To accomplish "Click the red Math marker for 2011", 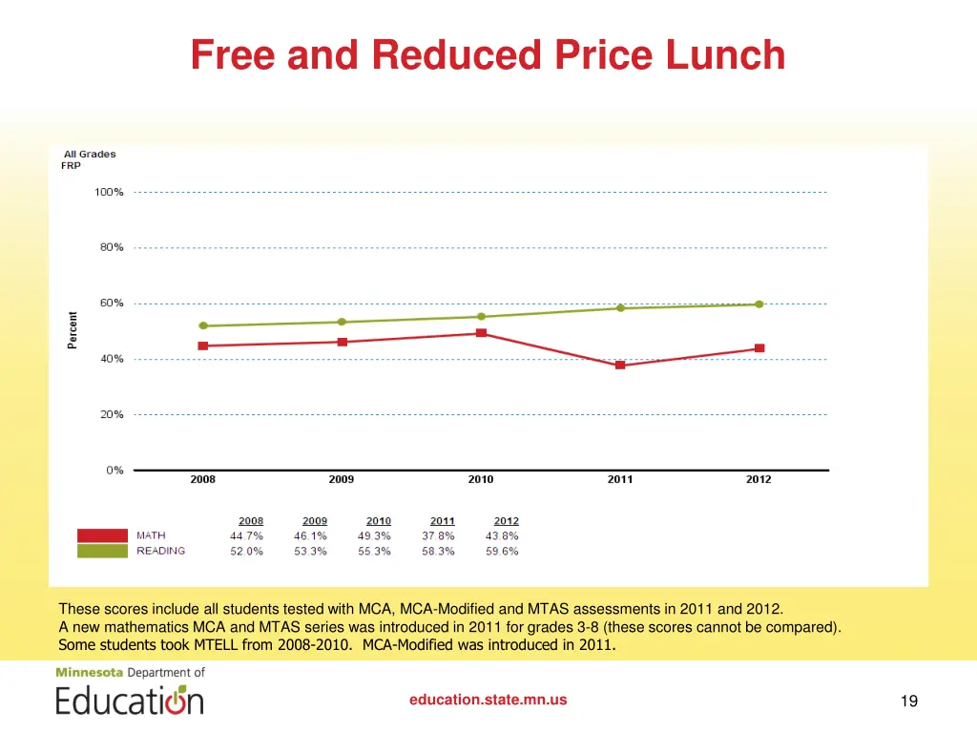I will point(620,365).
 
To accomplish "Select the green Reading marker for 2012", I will point(759,304).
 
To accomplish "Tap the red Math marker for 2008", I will point(203,346).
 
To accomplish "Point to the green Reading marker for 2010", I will point(481,317).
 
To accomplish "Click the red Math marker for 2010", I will point(481,333).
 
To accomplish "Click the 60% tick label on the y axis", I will point(112,304).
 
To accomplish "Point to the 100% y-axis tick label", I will point(109,192).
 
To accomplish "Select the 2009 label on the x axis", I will point(342,480).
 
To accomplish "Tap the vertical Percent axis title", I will point(73,330).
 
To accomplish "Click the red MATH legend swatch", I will point(102,535).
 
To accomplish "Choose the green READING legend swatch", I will point(102,551).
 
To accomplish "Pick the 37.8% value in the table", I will point(438,536).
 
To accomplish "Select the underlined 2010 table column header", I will point(379,521).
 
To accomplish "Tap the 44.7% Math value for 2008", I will point(246,536).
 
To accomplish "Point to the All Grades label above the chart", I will point(90,154).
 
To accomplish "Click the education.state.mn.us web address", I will point(488,700).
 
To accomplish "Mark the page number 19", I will point(908,702).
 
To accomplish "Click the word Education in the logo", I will point(129,701).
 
